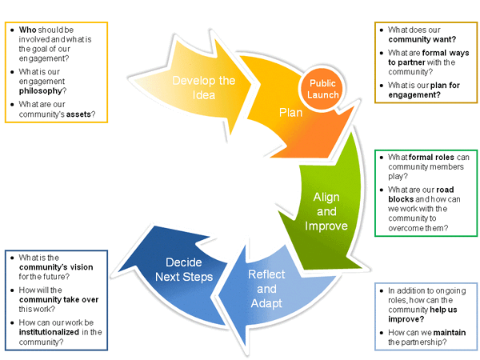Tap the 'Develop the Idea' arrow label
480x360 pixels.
(x=204, y=87)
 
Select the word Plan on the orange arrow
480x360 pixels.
(x=290, y=112)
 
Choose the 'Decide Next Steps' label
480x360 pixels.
(x=189, y=269)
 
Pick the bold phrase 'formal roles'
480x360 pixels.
(x=431, y=158)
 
